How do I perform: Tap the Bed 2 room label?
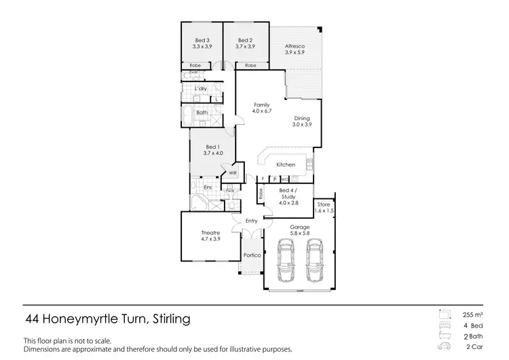coord(244,43)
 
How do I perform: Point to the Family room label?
coord(261,107)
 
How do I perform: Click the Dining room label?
coord(301,121)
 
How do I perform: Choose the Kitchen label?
coord(285,165)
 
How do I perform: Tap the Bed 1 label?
coord(212,150)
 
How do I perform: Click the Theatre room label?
coord(210,236)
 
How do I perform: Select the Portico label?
coord(252,256)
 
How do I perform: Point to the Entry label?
coord(252,221)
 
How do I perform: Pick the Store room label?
coord(324,207)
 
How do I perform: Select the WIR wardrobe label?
coord(233,173)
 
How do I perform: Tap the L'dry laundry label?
coord(200,89)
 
